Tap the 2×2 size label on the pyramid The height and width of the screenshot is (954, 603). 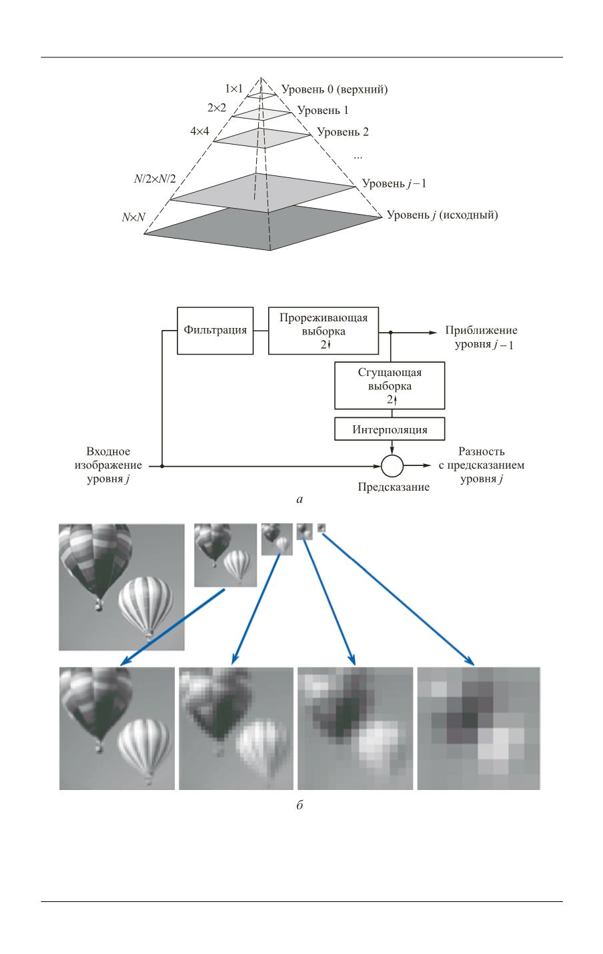pyautogui.click(x=218, y=107)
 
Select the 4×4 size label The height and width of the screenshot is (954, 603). pyautogui.click(x=199, y=131)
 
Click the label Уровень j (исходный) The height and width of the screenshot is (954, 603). pyautogui.click(x=442, y=215)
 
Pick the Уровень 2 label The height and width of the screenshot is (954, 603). pyautogui.click(x=343, y=131)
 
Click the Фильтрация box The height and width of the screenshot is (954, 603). pyautogui.click(x=215, y=331)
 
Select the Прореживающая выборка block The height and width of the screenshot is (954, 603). pyautogui.click(x=323, y=331)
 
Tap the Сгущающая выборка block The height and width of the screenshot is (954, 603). pyautogui.click(x=390, y=385)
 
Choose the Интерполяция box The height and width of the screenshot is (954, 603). pyautogui.click(x=390, y=430)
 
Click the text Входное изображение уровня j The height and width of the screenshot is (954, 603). pyautogui.click(x=108, y=465)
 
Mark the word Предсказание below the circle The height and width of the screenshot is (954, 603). pyautogui.click(x=394, y=487)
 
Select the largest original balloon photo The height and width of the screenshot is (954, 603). pyautogui.click(x=121, y=587)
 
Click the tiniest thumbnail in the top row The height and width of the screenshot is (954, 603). pyautogui.click(x=322, y=528)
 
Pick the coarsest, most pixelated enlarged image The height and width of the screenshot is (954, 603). pyautogui.click(x=478, y=728)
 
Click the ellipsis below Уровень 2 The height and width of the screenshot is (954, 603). pyautogui.click(x=358, y=156)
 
